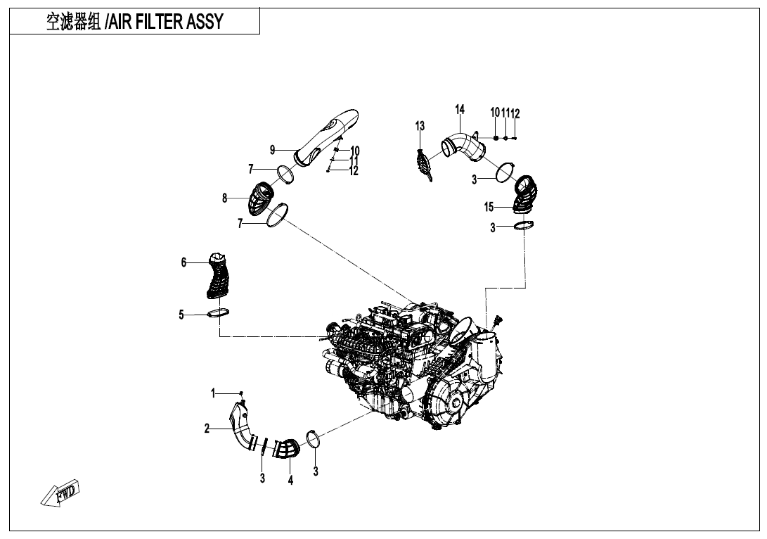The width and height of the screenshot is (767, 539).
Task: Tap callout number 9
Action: [272, 149]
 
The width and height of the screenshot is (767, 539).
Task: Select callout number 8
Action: [225, 198]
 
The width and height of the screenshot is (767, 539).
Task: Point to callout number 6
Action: [183, 262]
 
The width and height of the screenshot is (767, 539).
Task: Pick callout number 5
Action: [181, 315]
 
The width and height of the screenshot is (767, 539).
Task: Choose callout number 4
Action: [290, 481]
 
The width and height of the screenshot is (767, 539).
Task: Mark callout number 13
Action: [420, 126]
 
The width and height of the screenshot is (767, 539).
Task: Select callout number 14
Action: [460, 109]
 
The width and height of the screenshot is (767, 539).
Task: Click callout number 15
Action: [489, 207]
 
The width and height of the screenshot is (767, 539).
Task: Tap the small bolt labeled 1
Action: [241, 393]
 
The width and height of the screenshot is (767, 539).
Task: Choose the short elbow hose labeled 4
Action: [286, 450]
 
